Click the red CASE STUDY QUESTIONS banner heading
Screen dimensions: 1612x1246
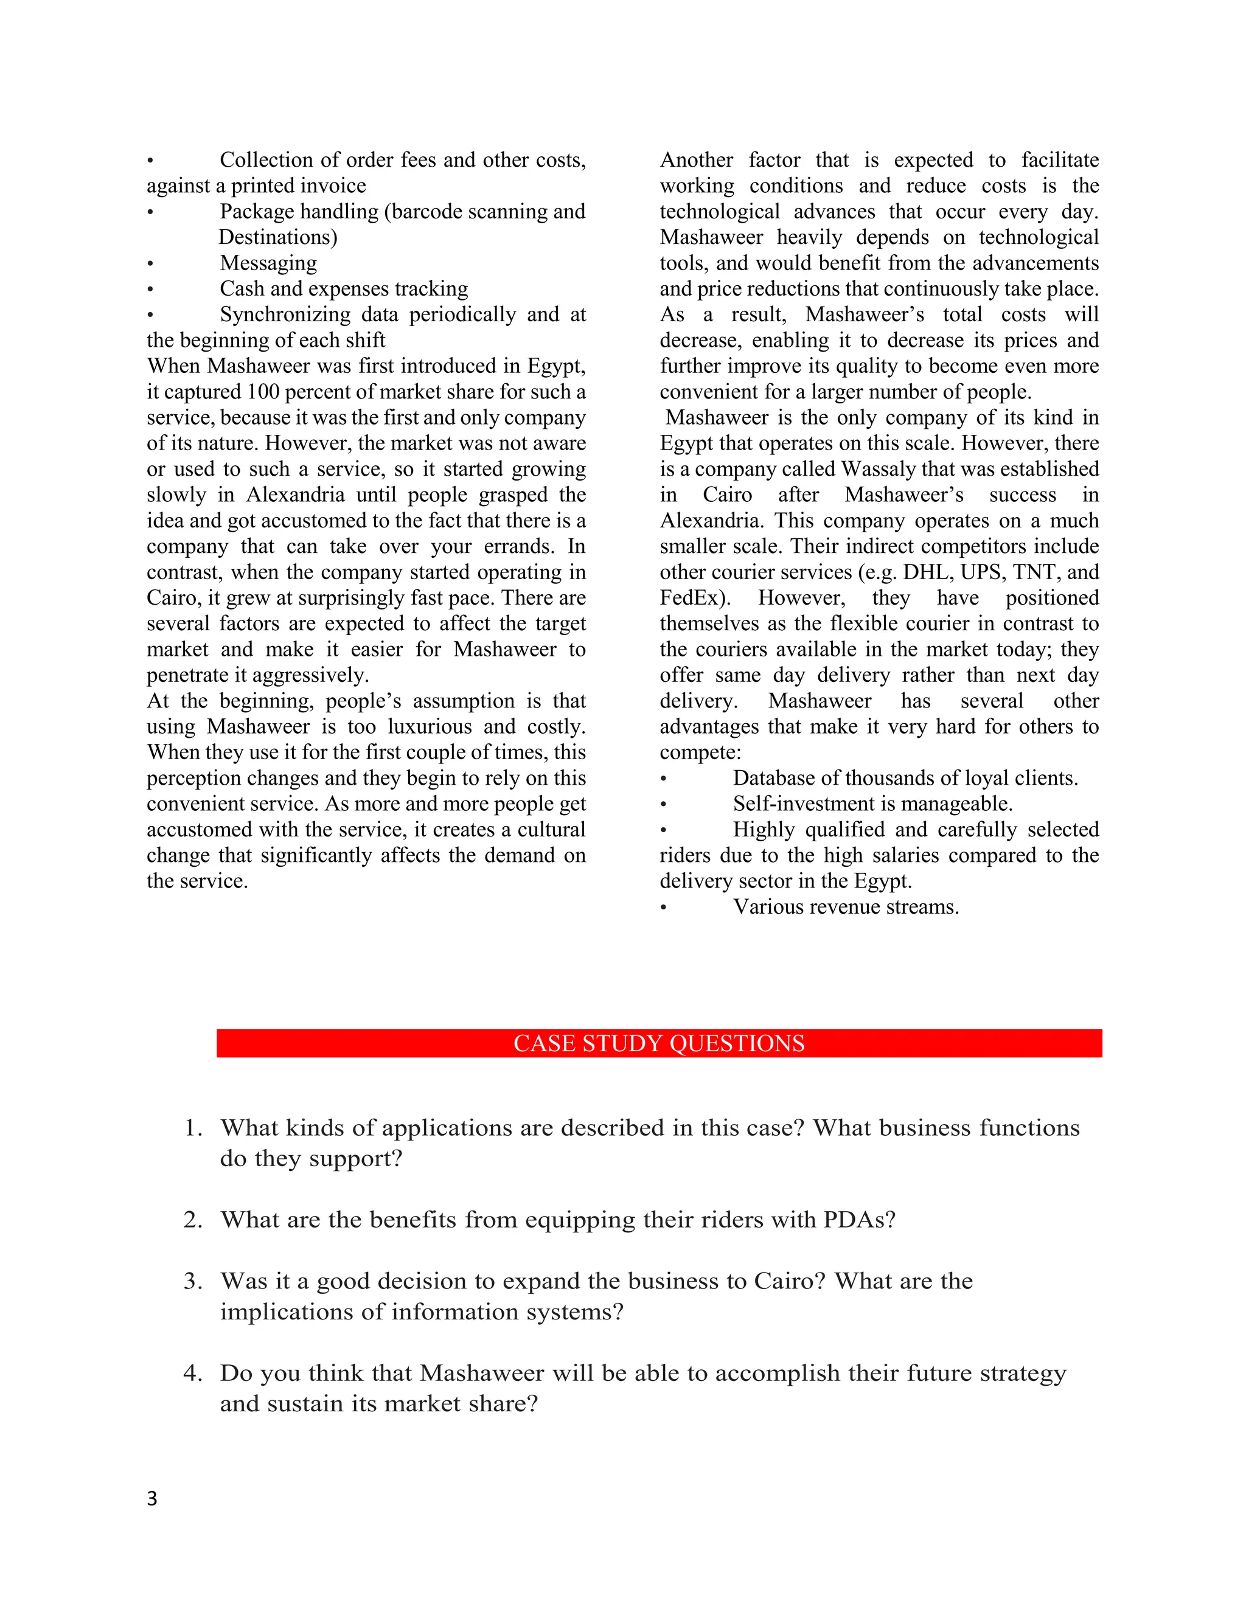tap(658, 1043)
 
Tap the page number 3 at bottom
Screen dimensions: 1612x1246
tap(152, 1498)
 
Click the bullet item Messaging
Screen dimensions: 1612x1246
tap(268, 263)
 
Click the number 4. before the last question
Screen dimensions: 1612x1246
tap(193, 1373)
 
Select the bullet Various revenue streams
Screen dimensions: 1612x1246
tap(845, 906)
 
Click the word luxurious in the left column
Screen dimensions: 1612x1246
tap(430, 726)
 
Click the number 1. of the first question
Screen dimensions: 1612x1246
tap(193, 1128)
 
